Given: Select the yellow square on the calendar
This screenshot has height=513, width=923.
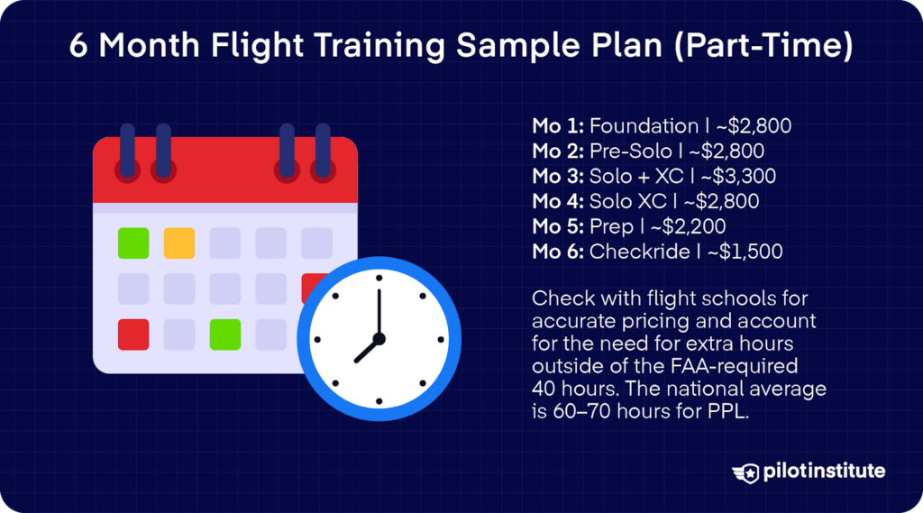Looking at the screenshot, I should (x=179, y=243).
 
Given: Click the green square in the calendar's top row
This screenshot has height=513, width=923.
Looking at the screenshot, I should (x=133, y=243).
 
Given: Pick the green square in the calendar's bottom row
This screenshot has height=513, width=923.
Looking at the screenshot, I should (x=225, y=334).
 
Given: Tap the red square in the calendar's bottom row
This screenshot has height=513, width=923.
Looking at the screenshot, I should (x=133, y=334).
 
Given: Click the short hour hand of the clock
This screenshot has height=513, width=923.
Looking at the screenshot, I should (x=367, y=350).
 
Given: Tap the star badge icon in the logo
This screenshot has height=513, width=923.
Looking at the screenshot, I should (x=746, y=472).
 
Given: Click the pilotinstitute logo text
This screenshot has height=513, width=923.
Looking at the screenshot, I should (x=823, y=472).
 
